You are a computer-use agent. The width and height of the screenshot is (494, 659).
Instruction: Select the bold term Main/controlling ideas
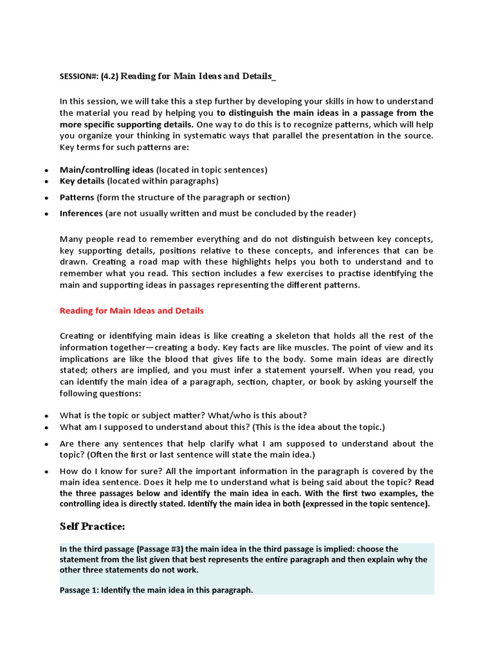coord(107,170)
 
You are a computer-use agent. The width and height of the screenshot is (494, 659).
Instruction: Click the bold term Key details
coord(82,181)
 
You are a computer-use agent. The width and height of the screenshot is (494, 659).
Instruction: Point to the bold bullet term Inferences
coord(81,213)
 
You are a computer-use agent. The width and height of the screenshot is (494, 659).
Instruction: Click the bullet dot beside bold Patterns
coord(46,198)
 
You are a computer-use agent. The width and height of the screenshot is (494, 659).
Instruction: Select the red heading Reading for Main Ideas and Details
coord(131,311)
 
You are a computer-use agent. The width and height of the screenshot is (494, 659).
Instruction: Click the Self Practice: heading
coord(92,526)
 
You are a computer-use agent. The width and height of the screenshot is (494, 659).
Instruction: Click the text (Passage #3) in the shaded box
coord(163,549)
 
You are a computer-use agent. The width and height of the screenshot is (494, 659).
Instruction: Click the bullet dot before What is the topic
coord(46,416)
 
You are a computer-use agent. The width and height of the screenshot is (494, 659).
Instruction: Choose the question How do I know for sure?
coord(107,471)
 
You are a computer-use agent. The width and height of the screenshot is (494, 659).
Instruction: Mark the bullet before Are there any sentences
coord(46,444)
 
